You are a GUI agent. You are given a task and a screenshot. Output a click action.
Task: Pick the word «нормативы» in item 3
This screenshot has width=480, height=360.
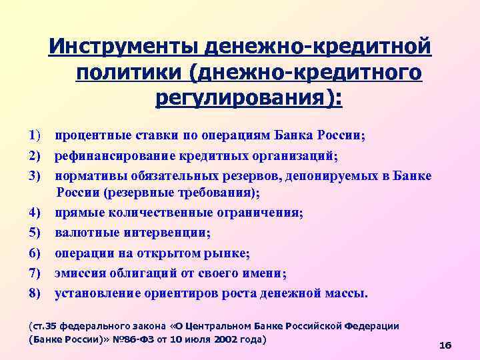click(87, 175)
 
